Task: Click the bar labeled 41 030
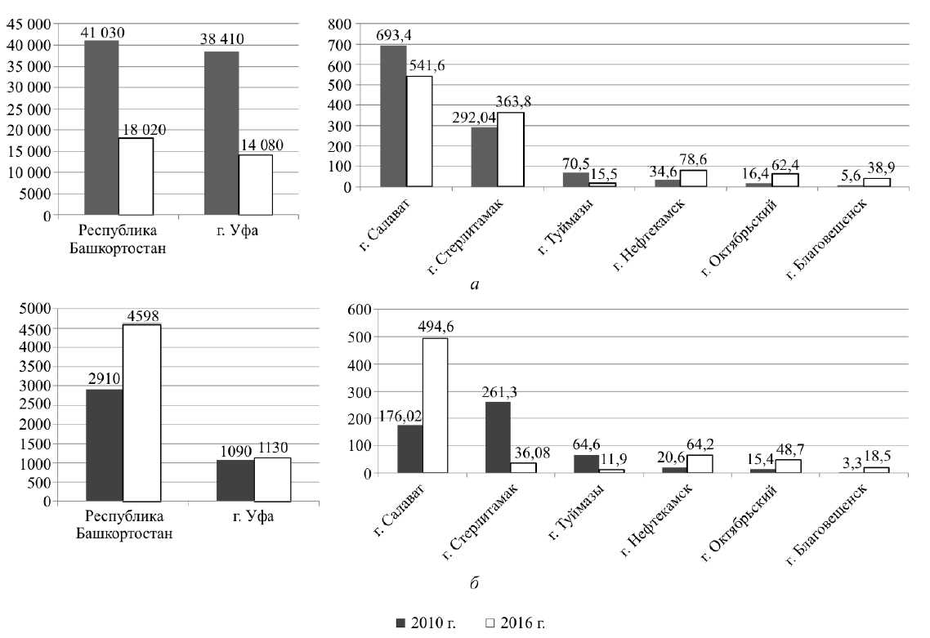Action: pos(101,127)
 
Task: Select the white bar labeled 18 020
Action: pos(136,176)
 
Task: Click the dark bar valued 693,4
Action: pos(393,116)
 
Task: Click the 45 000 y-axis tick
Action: pos(28,24)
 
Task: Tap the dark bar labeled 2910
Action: pos(105,445)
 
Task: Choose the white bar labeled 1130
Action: pos(273,480)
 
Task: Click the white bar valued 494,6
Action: pos(436,405)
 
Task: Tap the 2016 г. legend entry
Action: pos(514,622)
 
